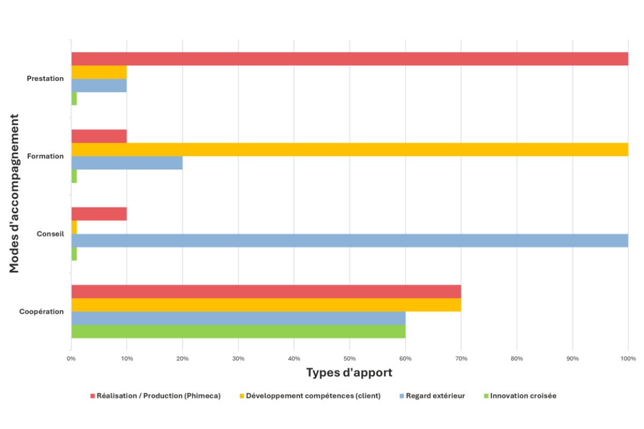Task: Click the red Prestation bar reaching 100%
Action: click(x=349, y=59)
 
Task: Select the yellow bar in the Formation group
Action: click(x=349, y=150)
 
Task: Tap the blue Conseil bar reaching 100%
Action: click(x=349, y=240)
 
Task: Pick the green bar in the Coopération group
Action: click(x=238, y=331)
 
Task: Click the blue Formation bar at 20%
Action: click(x=127, y=162)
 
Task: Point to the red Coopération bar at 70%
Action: click(x=266, y=292)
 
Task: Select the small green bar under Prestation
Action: click(x=74, y=99)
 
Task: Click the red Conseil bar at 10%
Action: click(x=99, y=214)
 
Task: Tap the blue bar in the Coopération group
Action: click(x=238, y=318)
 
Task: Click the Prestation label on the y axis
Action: click(x=45, y=78)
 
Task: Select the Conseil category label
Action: click(x=50, y=234)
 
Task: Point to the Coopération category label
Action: click(x=41, y=312)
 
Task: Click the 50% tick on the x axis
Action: click(x=349, y=358)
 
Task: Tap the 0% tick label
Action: click(x=71, y=358)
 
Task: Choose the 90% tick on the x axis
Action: click(x=573, y=358)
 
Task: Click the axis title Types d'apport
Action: click(x=349, y=373)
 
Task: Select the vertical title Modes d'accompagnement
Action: click(x=14, y=193)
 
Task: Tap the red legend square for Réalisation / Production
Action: click(x=92, y=396)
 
